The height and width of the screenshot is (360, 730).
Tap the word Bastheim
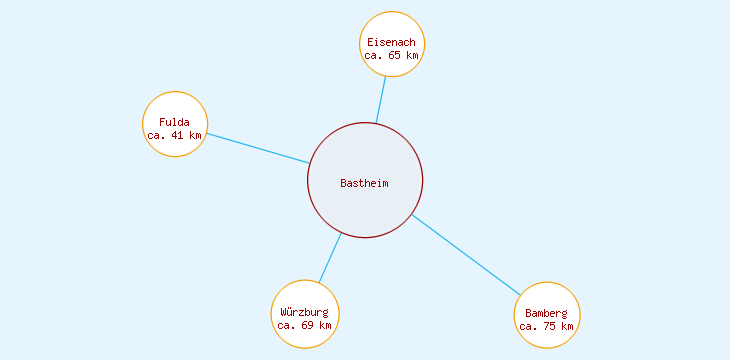[x=364, y=183]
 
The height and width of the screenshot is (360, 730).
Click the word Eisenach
[x=391, y=42]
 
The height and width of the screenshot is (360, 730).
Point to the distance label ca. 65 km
[x=391, y=56]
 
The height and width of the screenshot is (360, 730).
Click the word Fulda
[x=174, y=122]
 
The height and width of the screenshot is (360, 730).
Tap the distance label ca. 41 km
[x=174, y=135]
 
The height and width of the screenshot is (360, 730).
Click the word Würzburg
[x=304, y=312]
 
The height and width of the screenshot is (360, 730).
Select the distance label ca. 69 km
[x=304, y=325]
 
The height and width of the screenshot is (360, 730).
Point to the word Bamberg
[x=547, y=313]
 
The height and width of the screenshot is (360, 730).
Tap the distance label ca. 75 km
[x=547, y=326]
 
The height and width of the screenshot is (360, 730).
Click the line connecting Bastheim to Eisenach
[x=381, y=100]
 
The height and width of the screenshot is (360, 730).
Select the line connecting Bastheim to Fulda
[x=257, y=148]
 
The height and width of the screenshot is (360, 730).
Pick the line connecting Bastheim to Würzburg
[x=330, y=258]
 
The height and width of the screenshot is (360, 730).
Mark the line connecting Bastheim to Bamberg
[x=466, y=255]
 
